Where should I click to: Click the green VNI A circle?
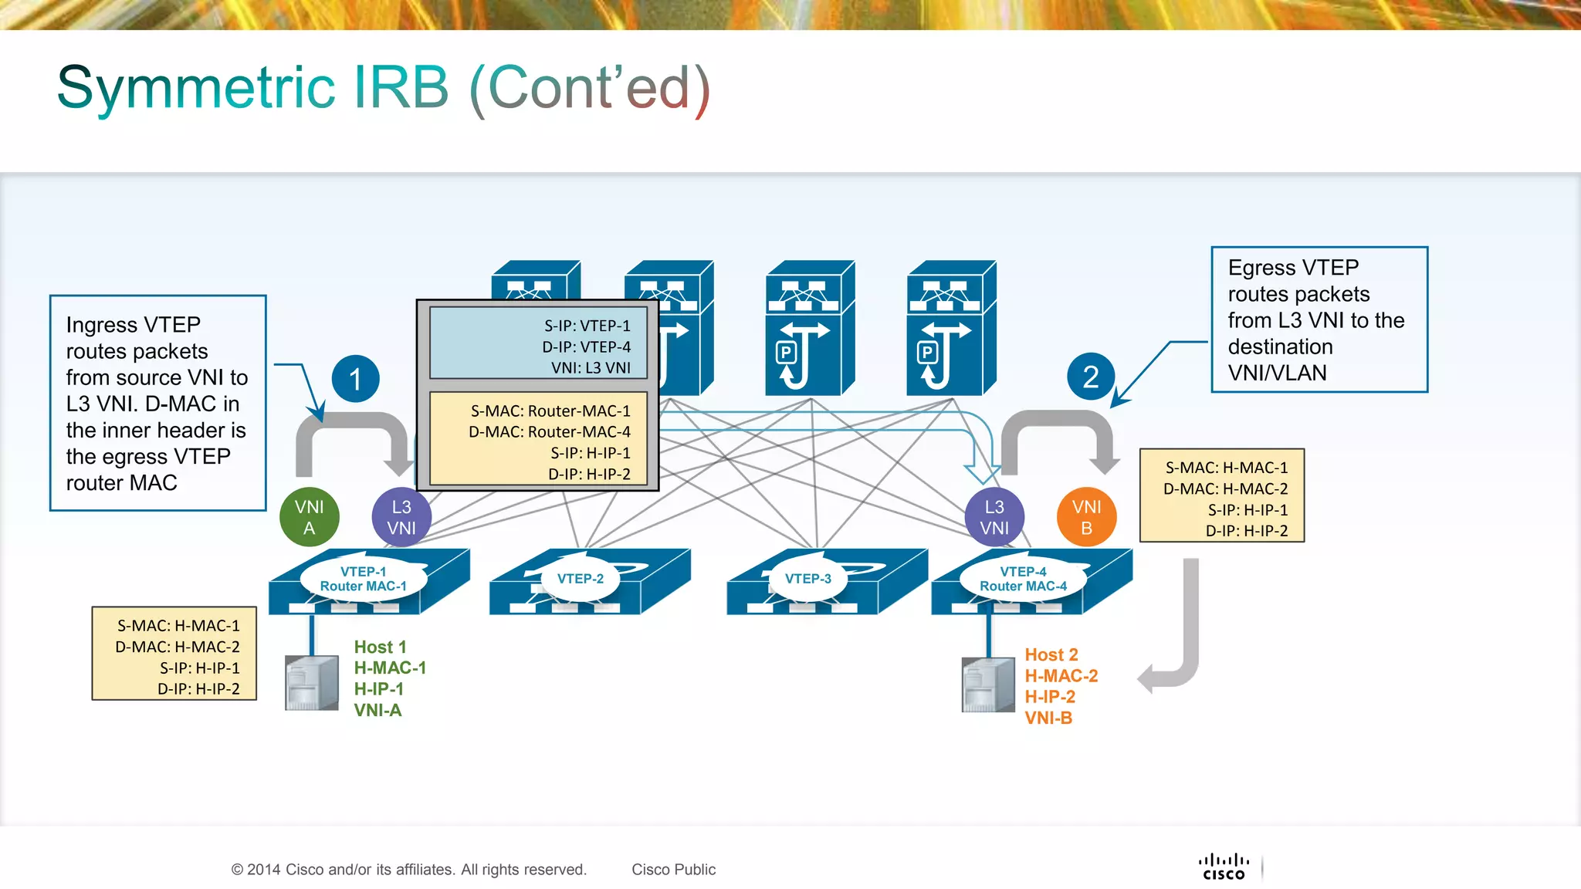(309, 517)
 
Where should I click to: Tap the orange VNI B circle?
(1086, 517)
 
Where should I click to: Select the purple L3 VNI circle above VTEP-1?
(401, 517)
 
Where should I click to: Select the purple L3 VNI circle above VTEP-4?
(994, 517)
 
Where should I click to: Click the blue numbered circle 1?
(355, 379)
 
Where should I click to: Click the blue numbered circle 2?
(1090, 377)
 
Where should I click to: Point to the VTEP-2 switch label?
(581, 579)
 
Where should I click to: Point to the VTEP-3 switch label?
(807, 579)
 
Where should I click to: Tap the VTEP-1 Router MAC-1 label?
(363, 579)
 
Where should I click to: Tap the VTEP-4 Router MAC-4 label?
(1023, 579)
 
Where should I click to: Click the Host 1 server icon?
(311, 682)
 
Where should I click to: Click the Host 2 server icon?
(987, 684)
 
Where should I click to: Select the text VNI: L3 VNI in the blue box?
(591, 367)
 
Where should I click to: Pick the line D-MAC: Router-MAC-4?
(549, 431)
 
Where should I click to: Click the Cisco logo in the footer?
(1224, 867)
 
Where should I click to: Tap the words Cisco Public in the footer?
(673, 870)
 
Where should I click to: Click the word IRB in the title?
(401, 87)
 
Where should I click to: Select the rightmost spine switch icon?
(950, 328)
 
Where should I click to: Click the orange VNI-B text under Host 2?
(1048, 718)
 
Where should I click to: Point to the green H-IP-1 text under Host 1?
(378, 689)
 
